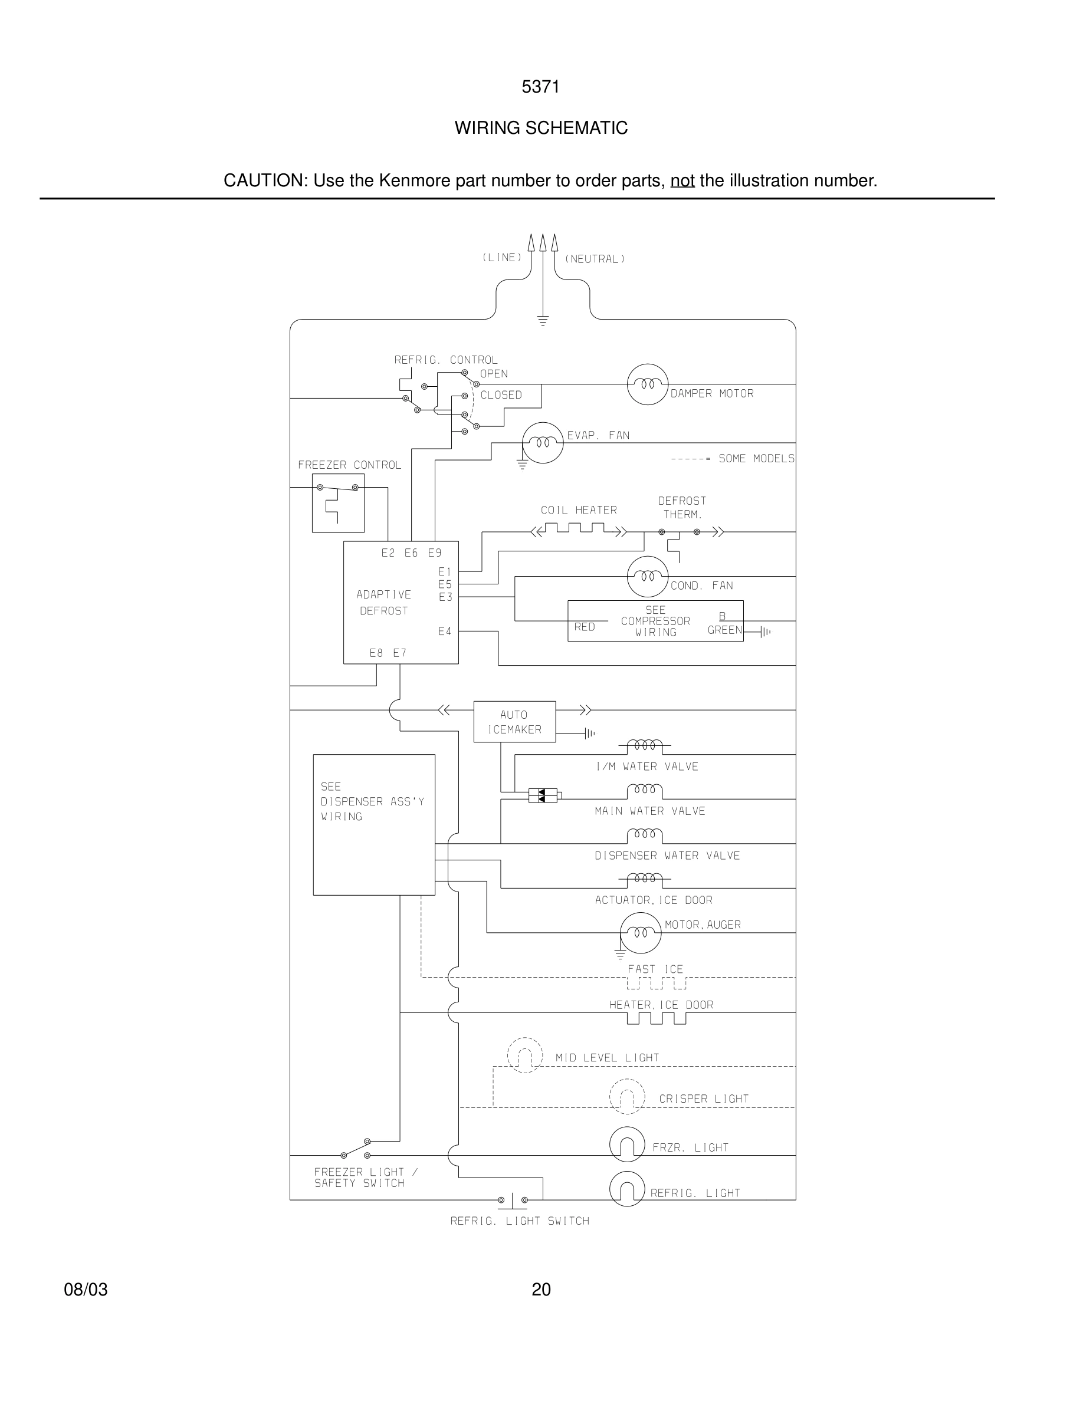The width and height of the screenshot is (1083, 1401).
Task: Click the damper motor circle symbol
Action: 647,384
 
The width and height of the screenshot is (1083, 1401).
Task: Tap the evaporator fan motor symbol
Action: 543,443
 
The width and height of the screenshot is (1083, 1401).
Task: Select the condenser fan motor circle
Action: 647,577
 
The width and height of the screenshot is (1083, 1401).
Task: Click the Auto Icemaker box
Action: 514,722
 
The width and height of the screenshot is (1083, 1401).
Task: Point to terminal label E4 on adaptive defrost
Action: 445,632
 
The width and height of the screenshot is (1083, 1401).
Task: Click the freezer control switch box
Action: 338,503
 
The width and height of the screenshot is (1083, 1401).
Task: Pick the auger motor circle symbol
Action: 641,933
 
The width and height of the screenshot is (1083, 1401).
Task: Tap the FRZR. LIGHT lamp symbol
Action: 627,1145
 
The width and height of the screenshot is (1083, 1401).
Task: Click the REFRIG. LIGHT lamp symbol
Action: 627,1189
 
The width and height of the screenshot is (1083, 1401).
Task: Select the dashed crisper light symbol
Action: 627,1097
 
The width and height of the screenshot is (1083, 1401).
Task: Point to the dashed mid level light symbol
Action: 525,1055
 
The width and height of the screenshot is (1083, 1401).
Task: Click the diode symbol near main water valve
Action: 543,796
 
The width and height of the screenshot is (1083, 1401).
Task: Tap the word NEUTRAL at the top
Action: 595,259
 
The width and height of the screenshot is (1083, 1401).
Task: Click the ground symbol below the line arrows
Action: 543,321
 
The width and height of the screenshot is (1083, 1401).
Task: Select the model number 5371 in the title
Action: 540,87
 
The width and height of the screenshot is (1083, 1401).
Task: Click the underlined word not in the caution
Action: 682,181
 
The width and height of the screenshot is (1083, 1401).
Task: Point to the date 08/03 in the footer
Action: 86,1290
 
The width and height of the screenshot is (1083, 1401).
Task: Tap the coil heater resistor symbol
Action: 579,530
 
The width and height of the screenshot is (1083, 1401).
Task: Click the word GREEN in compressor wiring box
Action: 724,630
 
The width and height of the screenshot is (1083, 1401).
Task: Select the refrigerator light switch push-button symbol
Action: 513,1199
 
